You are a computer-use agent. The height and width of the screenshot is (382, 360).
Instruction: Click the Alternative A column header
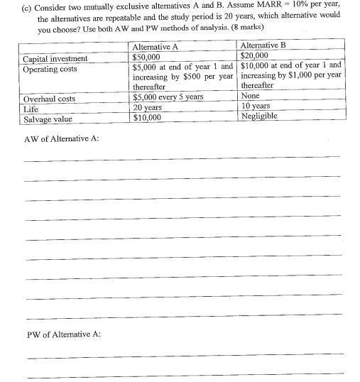click(156, 47)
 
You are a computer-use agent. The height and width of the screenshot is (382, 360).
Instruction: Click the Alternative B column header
click(263, 46)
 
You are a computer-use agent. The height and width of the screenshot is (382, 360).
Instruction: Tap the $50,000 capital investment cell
click(147, 57)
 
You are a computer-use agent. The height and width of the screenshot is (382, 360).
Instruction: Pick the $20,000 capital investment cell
click(254, 56)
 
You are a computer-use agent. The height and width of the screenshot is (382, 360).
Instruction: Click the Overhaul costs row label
click(49, 99)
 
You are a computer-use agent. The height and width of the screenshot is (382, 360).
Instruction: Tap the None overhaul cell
click(251, 96)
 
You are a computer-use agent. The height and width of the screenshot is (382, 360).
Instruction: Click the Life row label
click(31, 109)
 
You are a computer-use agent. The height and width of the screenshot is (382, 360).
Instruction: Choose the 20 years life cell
click(148, 108)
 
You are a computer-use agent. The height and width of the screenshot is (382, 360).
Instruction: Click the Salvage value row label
click(48, 119)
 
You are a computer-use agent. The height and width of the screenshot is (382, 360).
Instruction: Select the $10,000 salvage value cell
click(147, 118)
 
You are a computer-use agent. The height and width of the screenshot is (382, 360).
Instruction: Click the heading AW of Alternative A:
click(62, 138)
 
